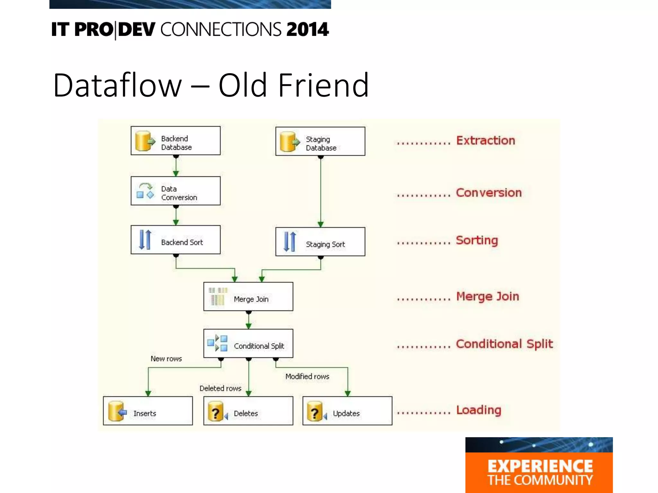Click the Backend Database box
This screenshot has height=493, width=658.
click(175, 141)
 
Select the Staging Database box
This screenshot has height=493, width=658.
click(320, 141)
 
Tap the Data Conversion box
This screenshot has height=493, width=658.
click(175, 191)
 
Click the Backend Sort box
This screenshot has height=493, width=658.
click(175, 240)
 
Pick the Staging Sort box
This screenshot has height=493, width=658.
click(320, 242)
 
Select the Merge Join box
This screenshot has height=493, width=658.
click(248, 297)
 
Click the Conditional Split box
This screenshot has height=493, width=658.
click(248, 343)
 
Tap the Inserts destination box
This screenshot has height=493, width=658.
click(148, 411)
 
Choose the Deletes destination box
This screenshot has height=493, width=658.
click(248, 411)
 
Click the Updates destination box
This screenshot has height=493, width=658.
click(347, 411)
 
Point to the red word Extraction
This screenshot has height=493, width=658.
click(485, 141)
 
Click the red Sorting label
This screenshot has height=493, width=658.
click(477, 240)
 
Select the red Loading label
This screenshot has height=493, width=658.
click(478, 410)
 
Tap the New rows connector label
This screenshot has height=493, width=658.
click(166, 359)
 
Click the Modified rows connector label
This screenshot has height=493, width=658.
click(307, 376)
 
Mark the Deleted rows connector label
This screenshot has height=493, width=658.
click(220, 388)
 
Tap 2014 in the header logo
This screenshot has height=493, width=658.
click(307, 30)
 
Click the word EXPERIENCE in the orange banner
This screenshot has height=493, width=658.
click(540, 466)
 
